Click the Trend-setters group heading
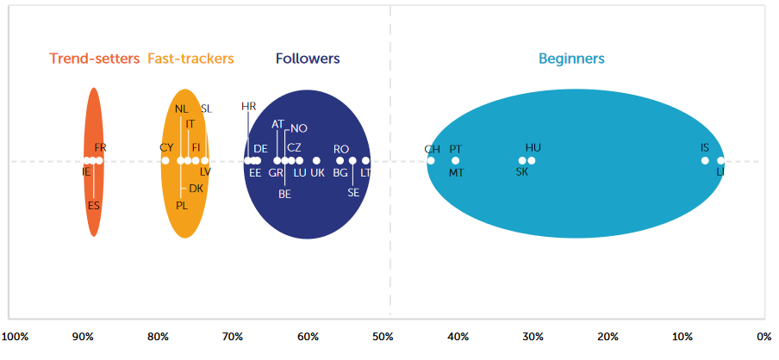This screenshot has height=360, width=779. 94,59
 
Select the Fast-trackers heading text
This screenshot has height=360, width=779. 190,59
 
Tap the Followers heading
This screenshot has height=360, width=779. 308,59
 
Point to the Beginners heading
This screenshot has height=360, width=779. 571,59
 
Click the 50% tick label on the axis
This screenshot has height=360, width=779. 383,336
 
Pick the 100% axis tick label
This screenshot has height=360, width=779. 18,336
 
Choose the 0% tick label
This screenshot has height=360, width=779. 763,336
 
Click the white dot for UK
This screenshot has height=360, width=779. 317,160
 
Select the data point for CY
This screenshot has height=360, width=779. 165,160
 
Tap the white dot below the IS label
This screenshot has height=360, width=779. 705,160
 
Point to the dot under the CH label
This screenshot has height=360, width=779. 431,160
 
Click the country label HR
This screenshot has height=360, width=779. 249,107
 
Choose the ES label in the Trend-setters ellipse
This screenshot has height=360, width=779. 94,206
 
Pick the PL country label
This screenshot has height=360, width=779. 182,206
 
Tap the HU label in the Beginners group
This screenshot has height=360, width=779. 533,148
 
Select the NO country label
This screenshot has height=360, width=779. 299,128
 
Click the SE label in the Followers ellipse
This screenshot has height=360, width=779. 353,192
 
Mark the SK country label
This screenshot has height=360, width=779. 521,172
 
